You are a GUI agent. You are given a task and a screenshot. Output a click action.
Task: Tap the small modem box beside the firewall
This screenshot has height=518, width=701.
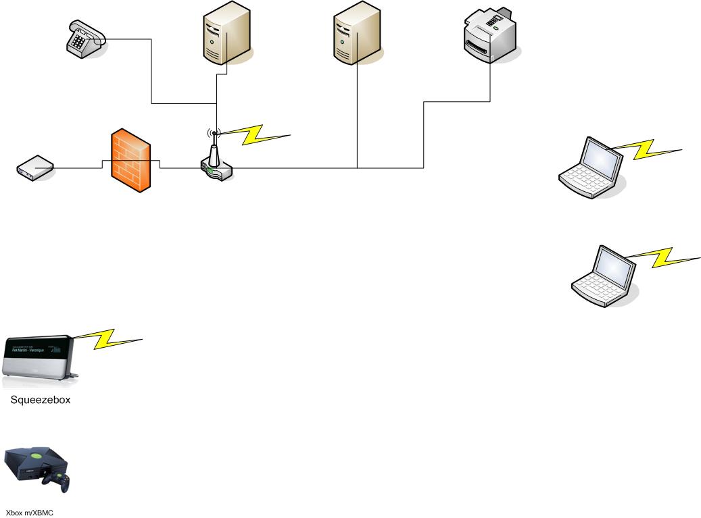[x=34, y=167]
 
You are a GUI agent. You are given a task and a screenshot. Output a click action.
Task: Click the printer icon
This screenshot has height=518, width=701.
[x=489, y=34]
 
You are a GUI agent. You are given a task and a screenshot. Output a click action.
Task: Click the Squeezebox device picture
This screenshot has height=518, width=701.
[x=40, y=355]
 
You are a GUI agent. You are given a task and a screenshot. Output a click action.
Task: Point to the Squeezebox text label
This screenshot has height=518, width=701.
[x=41, y=400]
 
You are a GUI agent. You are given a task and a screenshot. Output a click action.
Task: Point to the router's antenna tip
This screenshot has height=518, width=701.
[x=214, y=133]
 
